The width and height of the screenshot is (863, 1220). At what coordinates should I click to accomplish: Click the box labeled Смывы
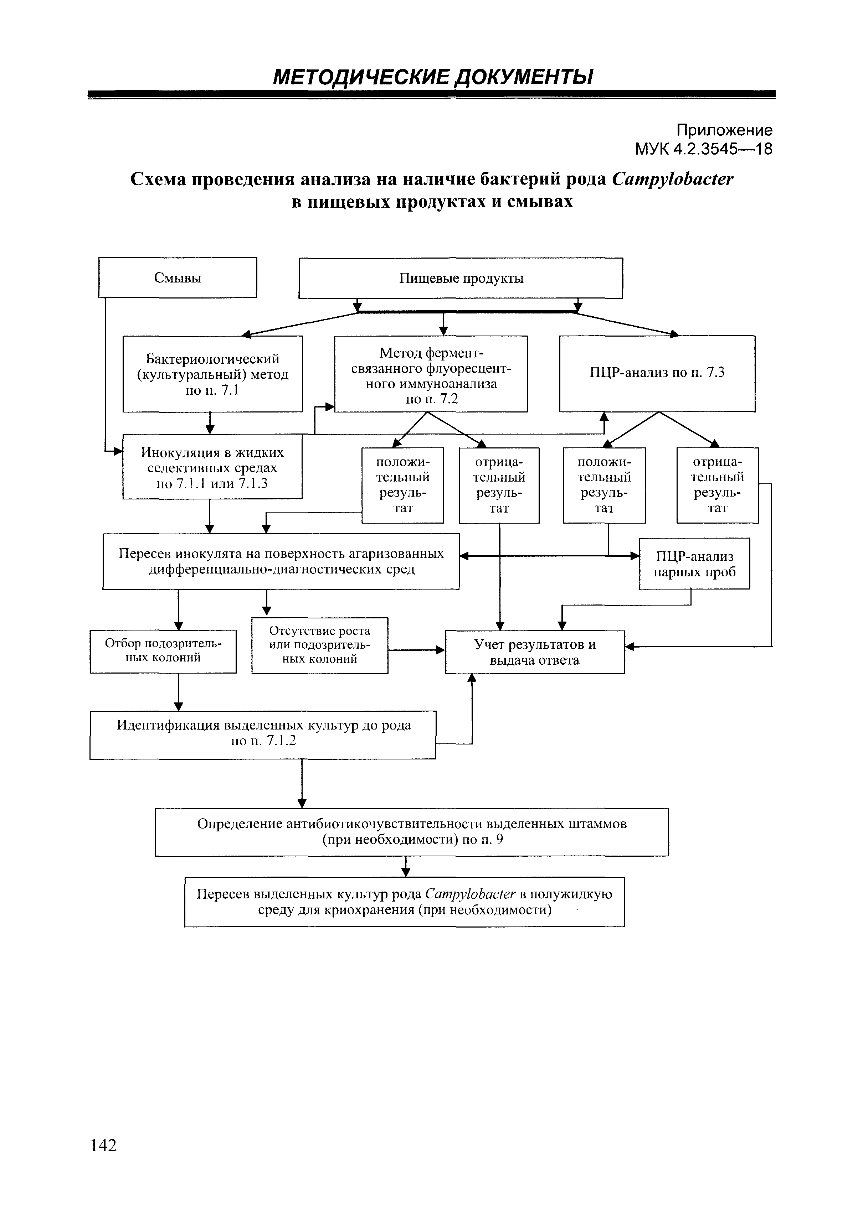pos(178,277)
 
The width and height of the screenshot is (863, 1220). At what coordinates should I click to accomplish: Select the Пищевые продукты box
pos(461,278)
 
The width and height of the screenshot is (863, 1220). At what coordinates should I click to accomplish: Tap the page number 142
pos(103,1145)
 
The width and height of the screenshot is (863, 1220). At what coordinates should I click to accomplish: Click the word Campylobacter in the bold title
pos(672,179)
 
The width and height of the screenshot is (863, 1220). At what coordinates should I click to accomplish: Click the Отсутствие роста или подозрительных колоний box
pos(320,645)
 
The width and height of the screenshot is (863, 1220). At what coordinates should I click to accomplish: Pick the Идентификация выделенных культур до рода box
pos(263,734)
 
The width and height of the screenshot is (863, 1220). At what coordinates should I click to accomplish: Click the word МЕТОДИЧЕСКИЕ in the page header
pos(361,78)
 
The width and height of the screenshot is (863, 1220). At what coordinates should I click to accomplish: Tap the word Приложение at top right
pos(724,130)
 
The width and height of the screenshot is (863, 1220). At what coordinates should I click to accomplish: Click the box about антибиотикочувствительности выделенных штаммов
pos(412,832)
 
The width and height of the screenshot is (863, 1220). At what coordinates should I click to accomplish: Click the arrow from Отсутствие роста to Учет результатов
pos(416,650)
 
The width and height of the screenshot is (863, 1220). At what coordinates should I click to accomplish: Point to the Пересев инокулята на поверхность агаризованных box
pos(281,561)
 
